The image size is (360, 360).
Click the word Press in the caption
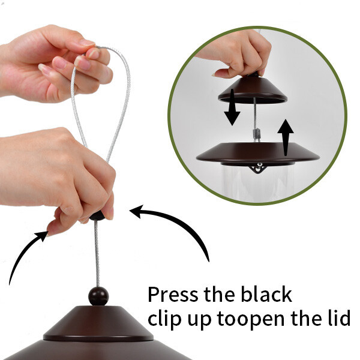(x=173, y=294)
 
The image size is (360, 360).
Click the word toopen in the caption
(x=251, y=320)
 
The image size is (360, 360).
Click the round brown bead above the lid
(x=98, y=296)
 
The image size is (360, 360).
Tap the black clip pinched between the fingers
(x=97, y=216)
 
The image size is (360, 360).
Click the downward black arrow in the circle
(x=232, y=107)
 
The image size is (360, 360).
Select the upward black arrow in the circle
(x=286, y=137)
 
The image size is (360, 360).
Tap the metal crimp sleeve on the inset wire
(x=256, y=135)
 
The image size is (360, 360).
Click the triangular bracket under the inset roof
(x=258, y=168)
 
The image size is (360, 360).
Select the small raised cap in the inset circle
(x=253, y=90)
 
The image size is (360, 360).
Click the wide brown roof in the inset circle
(x=258, y=152)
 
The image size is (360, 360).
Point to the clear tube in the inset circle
(x=257, y=184)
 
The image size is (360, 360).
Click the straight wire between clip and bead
(x=97, y=254)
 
